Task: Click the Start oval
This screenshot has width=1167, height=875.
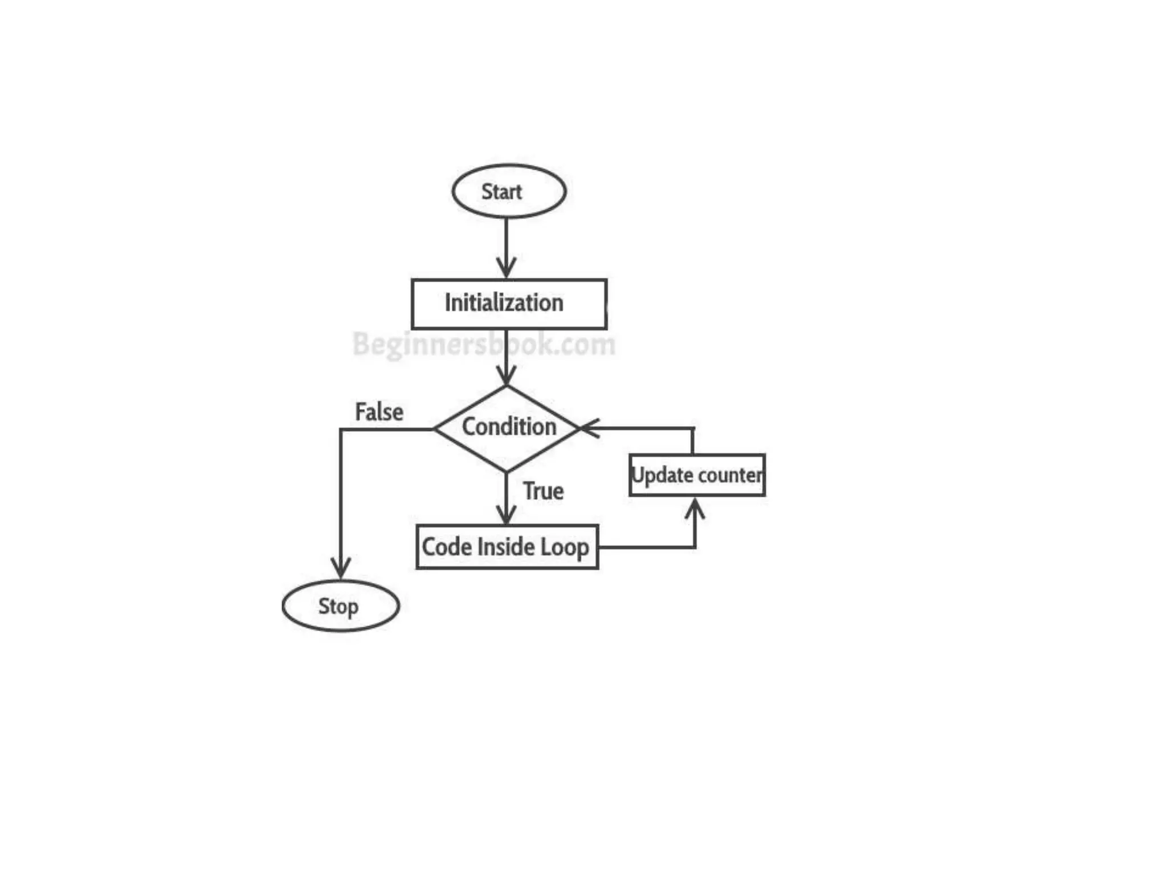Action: pyautogui.click(x=508, y=191)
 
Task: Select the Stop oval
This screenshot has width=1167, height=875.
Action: pyautogui.click(x=340, y=606)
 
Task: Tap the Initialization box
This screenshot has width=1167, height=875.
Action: pyautogui.click(x=509, y=304)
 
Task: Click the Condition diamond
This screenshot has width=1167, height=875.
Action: pyautogui.click(x=507, y=428)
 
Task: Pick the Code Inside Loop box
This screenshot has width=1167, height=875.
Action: pyautogui.click(x=507, y=547)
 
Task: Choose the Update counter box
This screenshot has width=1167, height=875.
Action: pyautogui.click(x=697, y=475)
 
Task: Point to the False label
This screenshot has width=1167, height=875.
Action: pyautogui.click(x=379, y=412)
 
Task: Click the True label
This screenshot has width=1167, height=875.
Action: pyautogui.click(x=543, y=491)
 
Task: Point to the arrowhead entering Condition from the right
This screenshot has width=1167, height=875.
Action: pyautogui.click(x=588, y=428)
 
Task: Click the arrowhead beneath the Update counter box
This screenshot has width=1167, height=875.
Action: pyautogui.click(x=695, y=506)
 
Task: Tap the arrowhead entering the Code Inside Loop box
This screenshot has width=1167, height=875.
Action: pyautogui.click(x=506, y=516)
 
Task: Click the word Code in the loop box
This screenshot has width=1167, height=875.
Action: pyautogui.click(x=446, y=547)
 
